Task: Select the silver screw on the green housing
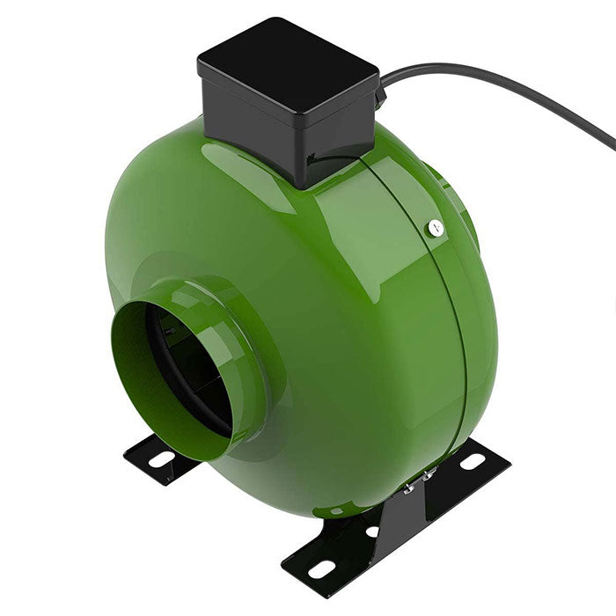coord(435,228)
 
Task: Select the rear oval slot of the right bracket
coord(473,461)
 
